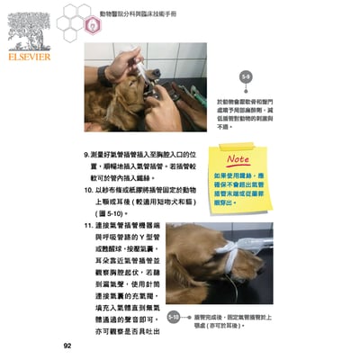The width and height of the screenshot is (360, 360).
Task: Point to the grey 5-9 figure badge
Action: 246,77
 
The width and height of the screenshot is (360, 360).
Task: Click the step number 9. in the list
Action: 87,154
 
